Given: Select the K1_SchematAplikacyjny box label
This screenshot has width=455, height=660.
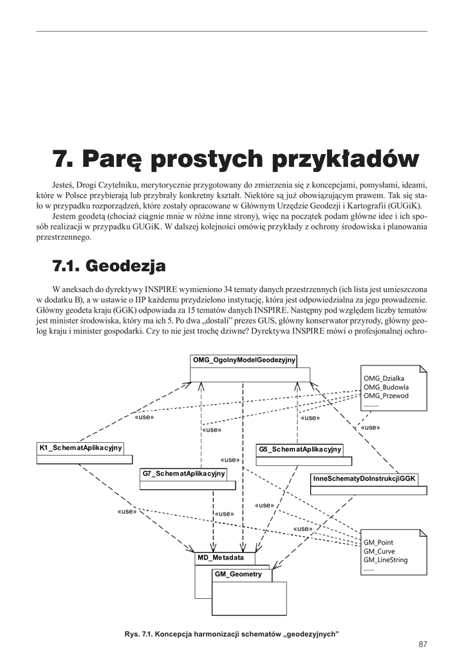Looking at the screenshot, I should (81, 448).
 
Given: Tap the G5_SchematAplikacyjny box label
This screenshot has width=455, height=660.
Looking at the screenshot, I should (300, 449).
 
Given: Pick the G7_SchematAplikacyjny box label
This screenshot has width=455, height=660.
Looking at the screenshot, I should (183, 474).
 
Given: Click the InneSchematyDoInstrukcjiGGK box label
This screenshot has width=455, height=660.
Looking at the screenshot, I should (365, 479).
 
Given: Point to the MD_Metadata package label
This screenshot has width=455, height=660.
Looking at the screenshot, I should (221, 558).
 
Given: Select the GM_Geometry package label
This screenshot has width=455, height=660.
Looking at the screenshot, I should (238, 574).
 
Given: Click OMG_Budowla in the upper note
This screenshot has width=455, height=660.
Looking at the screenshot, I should (386, 387).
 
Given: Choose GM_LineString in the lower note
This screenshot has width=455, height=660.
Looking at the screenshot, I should (385, 560).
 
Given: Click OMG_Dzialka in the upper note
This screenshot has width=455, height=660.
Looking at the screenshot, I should (384, 378).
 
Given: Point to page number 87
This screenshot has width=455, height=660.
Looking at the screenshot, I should (422, 644).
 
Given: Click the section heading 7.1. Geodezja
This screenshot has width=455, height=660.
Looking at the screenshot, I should (109, 266).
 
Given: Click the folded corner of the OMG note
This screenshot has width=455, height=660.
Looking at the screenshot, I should (422, 371).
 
